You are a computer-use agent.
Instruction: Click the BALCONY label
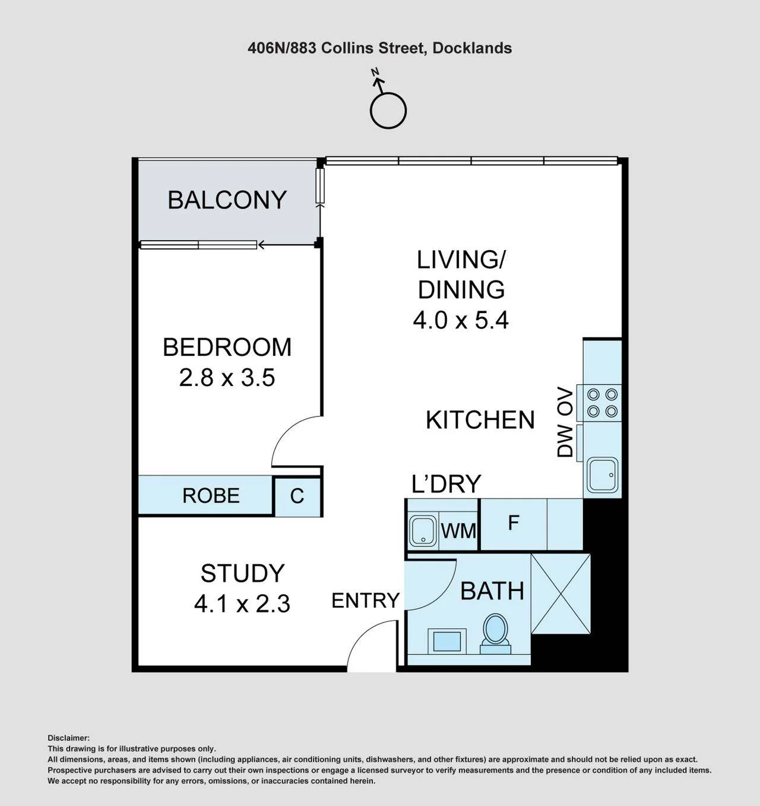(227, 200)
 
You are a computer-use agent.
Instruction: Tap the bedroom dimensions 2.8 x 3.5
(227, 378)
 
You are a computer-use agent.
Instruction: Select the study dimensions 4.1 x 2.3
(242, 604)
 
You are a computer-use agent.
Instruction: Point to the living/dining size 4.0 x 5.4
(461, 320)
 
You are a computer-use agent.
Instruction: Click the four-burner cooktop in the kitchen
(602, 403)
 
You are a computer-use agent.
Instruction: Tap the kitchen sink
(603, 474)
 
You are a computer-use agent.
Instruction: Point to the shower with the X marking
(560, 593)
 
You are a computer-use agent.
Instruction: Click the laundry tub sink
(423, 531)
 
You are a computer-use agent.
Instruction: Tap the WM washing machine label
(458, 531)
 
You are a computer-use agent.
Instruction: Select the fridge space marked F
(513, 523)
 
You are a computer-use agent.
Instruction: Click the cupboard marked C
(297, 496)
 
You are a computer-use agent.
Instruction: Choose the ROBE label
(211, 495)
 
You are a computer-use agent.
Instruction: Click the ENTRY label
(366, 600)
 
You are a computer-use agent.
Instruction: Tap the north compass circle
(388, 110)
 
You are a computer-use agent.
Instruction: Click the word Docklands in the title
(472, 48)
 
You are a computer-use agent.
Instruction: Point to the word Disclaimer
(68, 738)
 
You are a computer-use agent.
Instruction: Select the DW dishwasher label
(565, 441)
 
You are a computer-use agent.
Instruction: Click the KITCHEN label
(480, 420)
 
